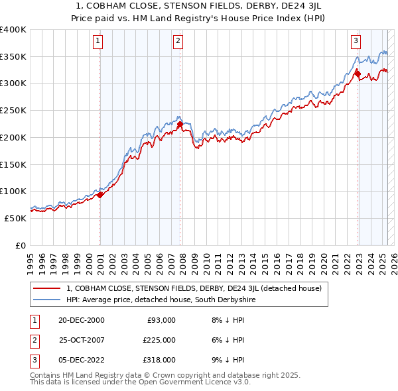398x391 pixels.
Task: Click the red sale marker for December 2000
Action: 100,195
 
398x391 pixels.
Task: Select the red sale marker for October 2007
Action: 180,124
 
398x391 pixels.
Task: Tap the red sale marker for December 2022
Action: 358,74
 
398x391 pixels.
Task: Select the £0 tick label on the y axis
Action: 21,245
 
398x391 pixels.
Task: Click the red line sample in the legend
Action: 46,288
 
